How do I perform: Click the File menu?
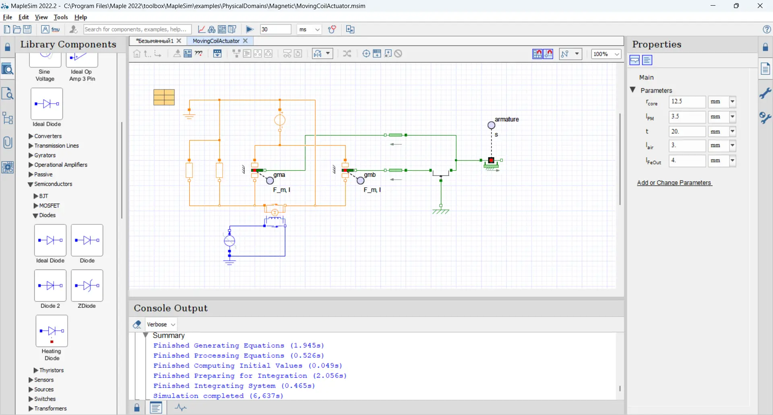(7, 17)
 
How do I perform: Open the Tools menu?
(61, 17)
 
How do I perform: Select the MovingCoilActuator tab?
(216, 41)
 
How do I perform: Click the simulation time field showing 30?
(275, 29)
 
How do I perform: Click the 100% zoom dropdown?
(606, 54)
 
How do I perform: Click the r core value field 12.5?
(687, 102)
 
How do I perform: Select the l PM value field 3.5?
(687, 117)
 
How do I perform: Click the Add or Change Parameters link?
(674, 183)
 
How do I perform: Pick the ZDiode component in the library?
(87, 286)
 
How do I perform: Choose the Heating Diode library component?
(52, 331)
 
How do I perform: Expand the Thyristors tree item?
(36, 370)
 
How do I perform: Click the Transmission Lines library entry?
(56, 146)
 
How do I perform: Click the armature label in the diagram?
(506, 120)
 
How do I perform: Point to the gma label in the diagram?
(279, 175)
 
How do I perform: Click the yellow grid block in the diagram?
(164, 98)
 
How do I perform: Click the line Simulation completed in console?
(218, 396)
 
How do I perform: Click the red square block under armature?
(491, 160)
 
